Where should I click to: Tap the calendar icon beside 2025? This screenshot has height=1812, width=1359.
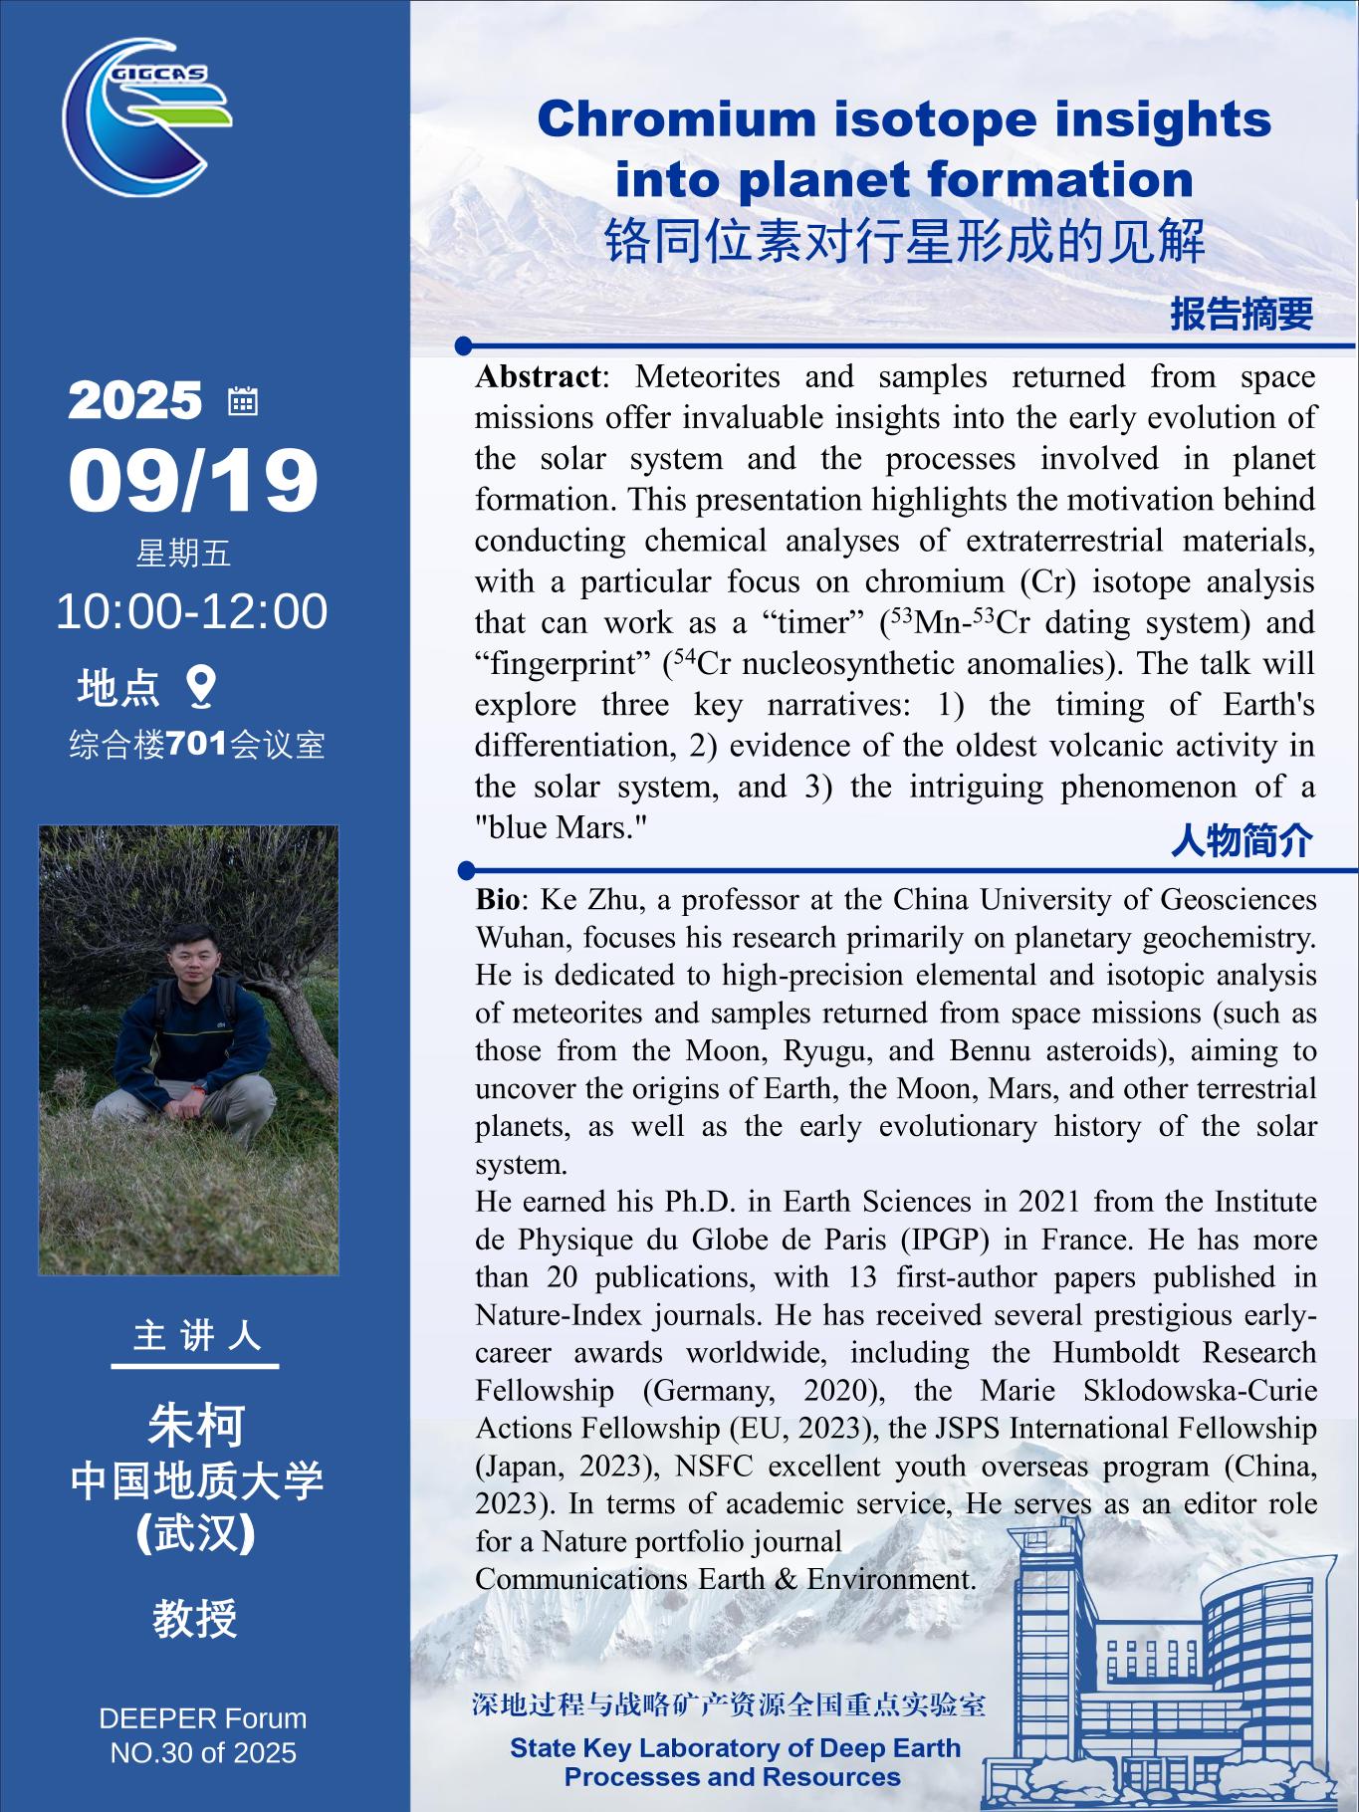pos(243,400)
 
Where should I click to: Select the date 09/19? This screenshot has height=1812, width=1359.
pos(193,480)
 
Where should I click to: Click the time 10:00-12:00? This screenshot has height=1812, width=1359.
pos(191,610)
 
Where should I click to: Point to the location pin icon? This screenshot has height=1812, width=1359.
pos(202,686)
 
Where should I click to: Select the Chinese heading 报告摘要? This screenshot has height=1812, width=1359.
pos(1241,314)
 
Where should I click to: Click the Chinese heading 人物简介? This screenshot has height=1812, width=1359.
pos(1241,840)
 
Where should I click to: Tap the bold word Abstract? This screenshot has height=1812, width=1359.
pos(538,376)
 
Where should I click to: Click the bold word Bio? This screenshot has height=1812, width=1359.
pos(497,899)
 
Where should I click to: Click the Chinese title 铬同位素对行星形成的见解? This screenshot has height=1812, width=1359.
pos(904,241)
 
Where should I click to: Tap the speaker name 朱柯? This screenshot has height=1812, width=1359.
pos(195,1425)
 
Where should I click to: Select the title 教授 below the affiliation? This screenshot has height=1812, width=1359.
pos(195,1618)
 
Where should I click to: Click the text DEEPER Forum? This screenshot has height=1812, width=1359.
pos(203,1718)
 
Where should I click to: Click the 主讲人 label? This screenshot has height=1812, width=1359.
pos(195,1336)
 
